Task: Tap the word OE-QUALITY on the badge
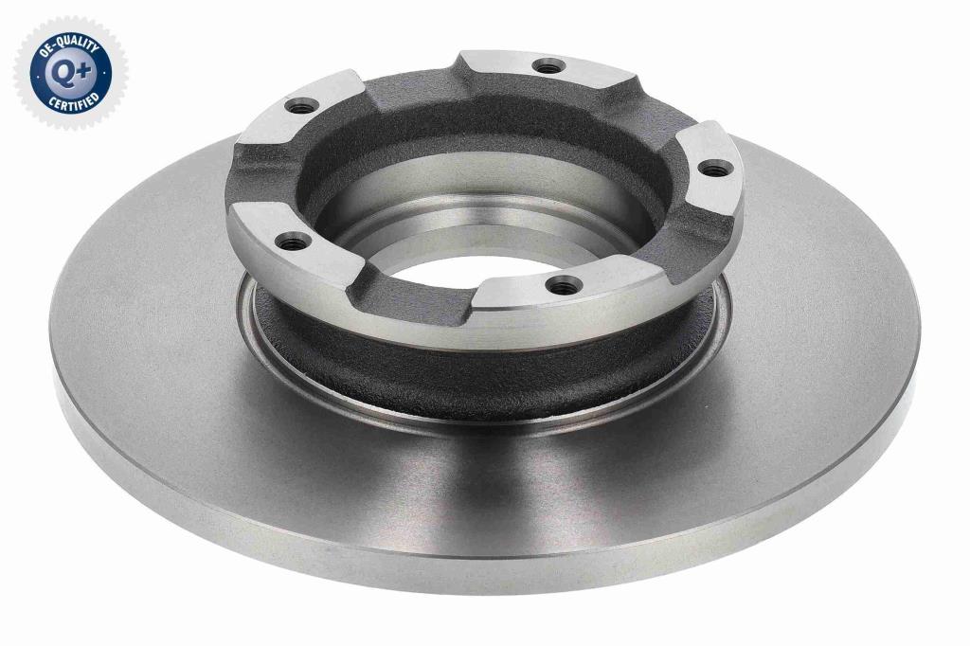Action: click(x=70, y=49)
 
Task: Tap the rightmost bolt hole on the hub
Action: click(x=715, y=167)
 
